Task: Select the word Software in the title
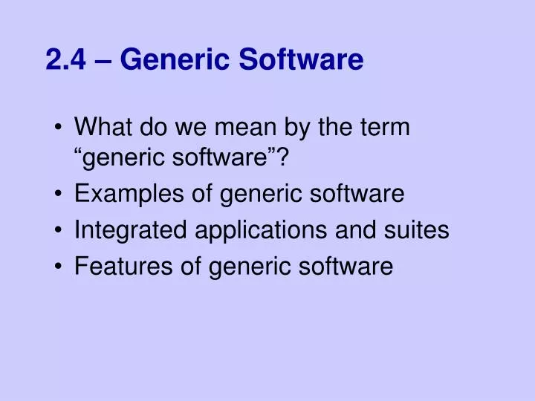pos(301,59)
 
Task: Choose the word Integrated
pos(131,230)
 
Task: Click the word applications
pos(257,230)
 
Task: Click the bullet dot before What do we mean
pos(59,128)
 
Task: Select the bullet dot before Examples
pos(59,195)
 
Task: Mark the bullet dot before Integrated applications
pos(59,231)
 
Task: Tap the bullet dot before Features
pos(59,266)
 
